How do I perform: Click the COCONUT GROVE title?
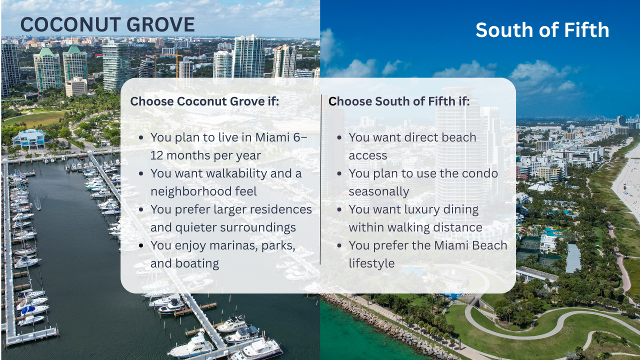click(x=107, y=25)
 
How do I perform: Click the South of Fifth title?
click(x=542, y=30)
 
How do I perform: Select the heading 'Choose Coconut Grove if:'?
click(x=204, y=101)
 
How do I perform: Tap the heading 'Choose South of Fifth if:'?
click(x=399, y=101)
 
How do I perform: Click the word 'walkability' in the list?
click(x=235, y=173)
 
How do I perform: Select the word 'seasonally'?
click(x=378, y=191)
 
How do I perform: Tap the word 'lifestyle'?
click(x=371, y=263)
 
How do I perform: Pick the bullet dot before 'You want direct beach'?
click(x=339, y=137)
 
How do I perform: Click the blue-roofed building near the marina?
click(x=28, y=138)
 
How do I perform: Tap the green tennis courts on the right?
click(x=531, y=245)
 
